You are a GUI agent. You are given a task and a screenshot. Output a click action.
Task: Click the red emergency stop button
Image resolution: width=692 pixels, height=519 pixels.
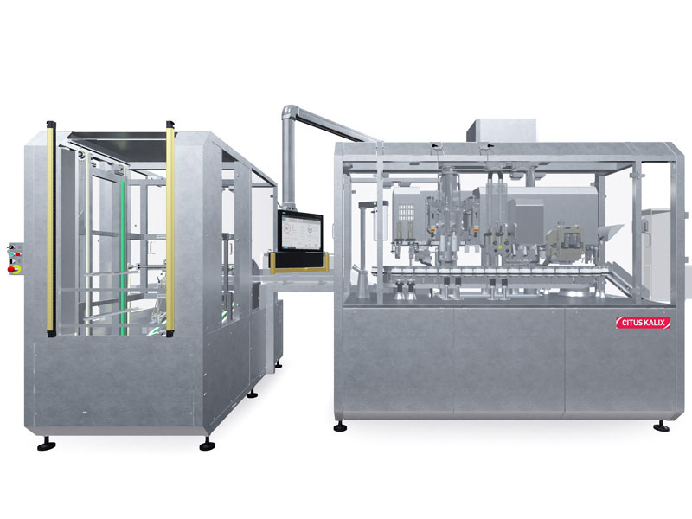[x=11, y=269]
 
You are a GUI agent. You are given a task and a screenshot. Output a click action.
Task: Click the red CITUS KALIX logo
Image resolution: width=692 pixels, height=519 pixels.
[x=643, y=322]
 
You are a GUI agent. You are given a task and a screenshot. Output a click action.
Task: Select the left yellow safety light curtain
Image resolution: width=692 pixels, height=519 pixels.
[x=51, y=229]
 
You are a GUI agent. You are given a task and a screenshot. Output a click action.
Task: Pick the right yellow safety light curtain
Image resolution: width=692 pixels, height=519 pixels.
[x=170, y=229]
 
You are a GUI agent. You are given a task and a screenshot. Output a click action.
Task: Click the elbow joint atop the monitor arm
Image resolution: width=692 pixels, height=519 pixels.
[x=291, y=112]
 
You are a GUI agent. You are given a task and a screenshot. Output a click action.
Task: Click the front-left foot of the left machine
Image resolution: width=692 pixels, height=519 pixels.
[x=47, y=445]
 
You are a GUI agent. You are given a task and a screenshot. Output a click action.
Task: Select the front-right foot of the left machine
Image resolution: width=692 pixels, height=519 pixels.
[x=208, y=445]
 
